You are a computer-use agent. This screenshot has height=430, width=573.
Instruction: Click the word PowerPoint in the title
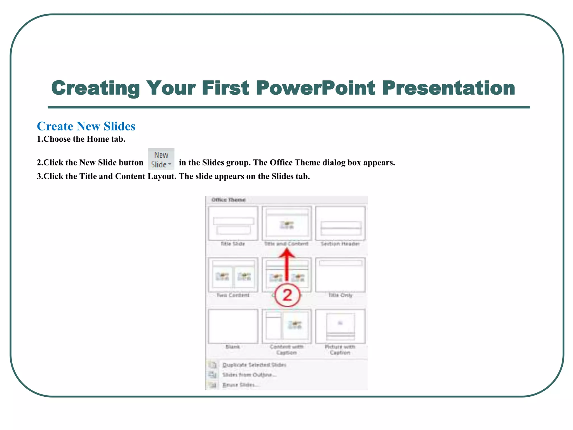pos(315,88)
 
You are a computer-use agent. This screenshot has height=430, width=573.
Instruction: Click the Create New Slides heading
pos(86,126)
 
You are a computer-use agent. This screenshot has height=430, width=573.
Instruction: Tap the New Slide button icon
pos(161,159)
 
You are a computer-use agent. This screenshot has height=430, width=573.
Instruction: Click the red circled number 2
pos(287,295)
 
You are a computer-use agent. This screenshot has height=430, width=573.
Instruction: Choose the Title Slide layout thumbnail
pos(233,223)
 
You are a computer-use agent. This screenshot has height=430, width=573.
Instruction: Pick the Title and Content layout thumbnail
pos(287,223)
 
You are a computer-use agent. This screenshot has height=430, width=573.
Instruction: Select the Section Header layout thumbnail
pos(340,223)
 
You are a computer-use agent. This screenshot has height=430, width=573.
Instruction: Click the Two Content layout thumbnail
pos(233,275)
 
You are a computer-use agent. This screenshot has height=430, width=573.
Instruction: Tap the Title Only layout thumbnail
pos(340,275)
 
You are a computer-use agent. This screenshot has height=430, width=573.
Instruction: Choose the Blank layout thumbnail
pos(233,326)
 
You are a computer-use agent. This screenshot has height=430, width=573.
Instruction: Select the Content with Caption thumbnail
pos(287,326)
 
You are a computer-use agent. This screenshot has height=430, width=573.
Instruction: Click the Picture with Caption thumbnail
pos(340,326)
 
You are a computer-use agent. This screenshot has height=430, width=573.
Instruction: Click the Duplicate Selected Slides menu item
pos(254,365)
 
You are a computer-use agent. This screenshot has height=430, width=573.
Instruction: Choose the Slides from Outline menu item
pos(249,375)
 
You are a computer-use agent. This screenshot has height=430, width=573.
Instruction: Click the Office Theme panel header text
pos(229,200)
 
